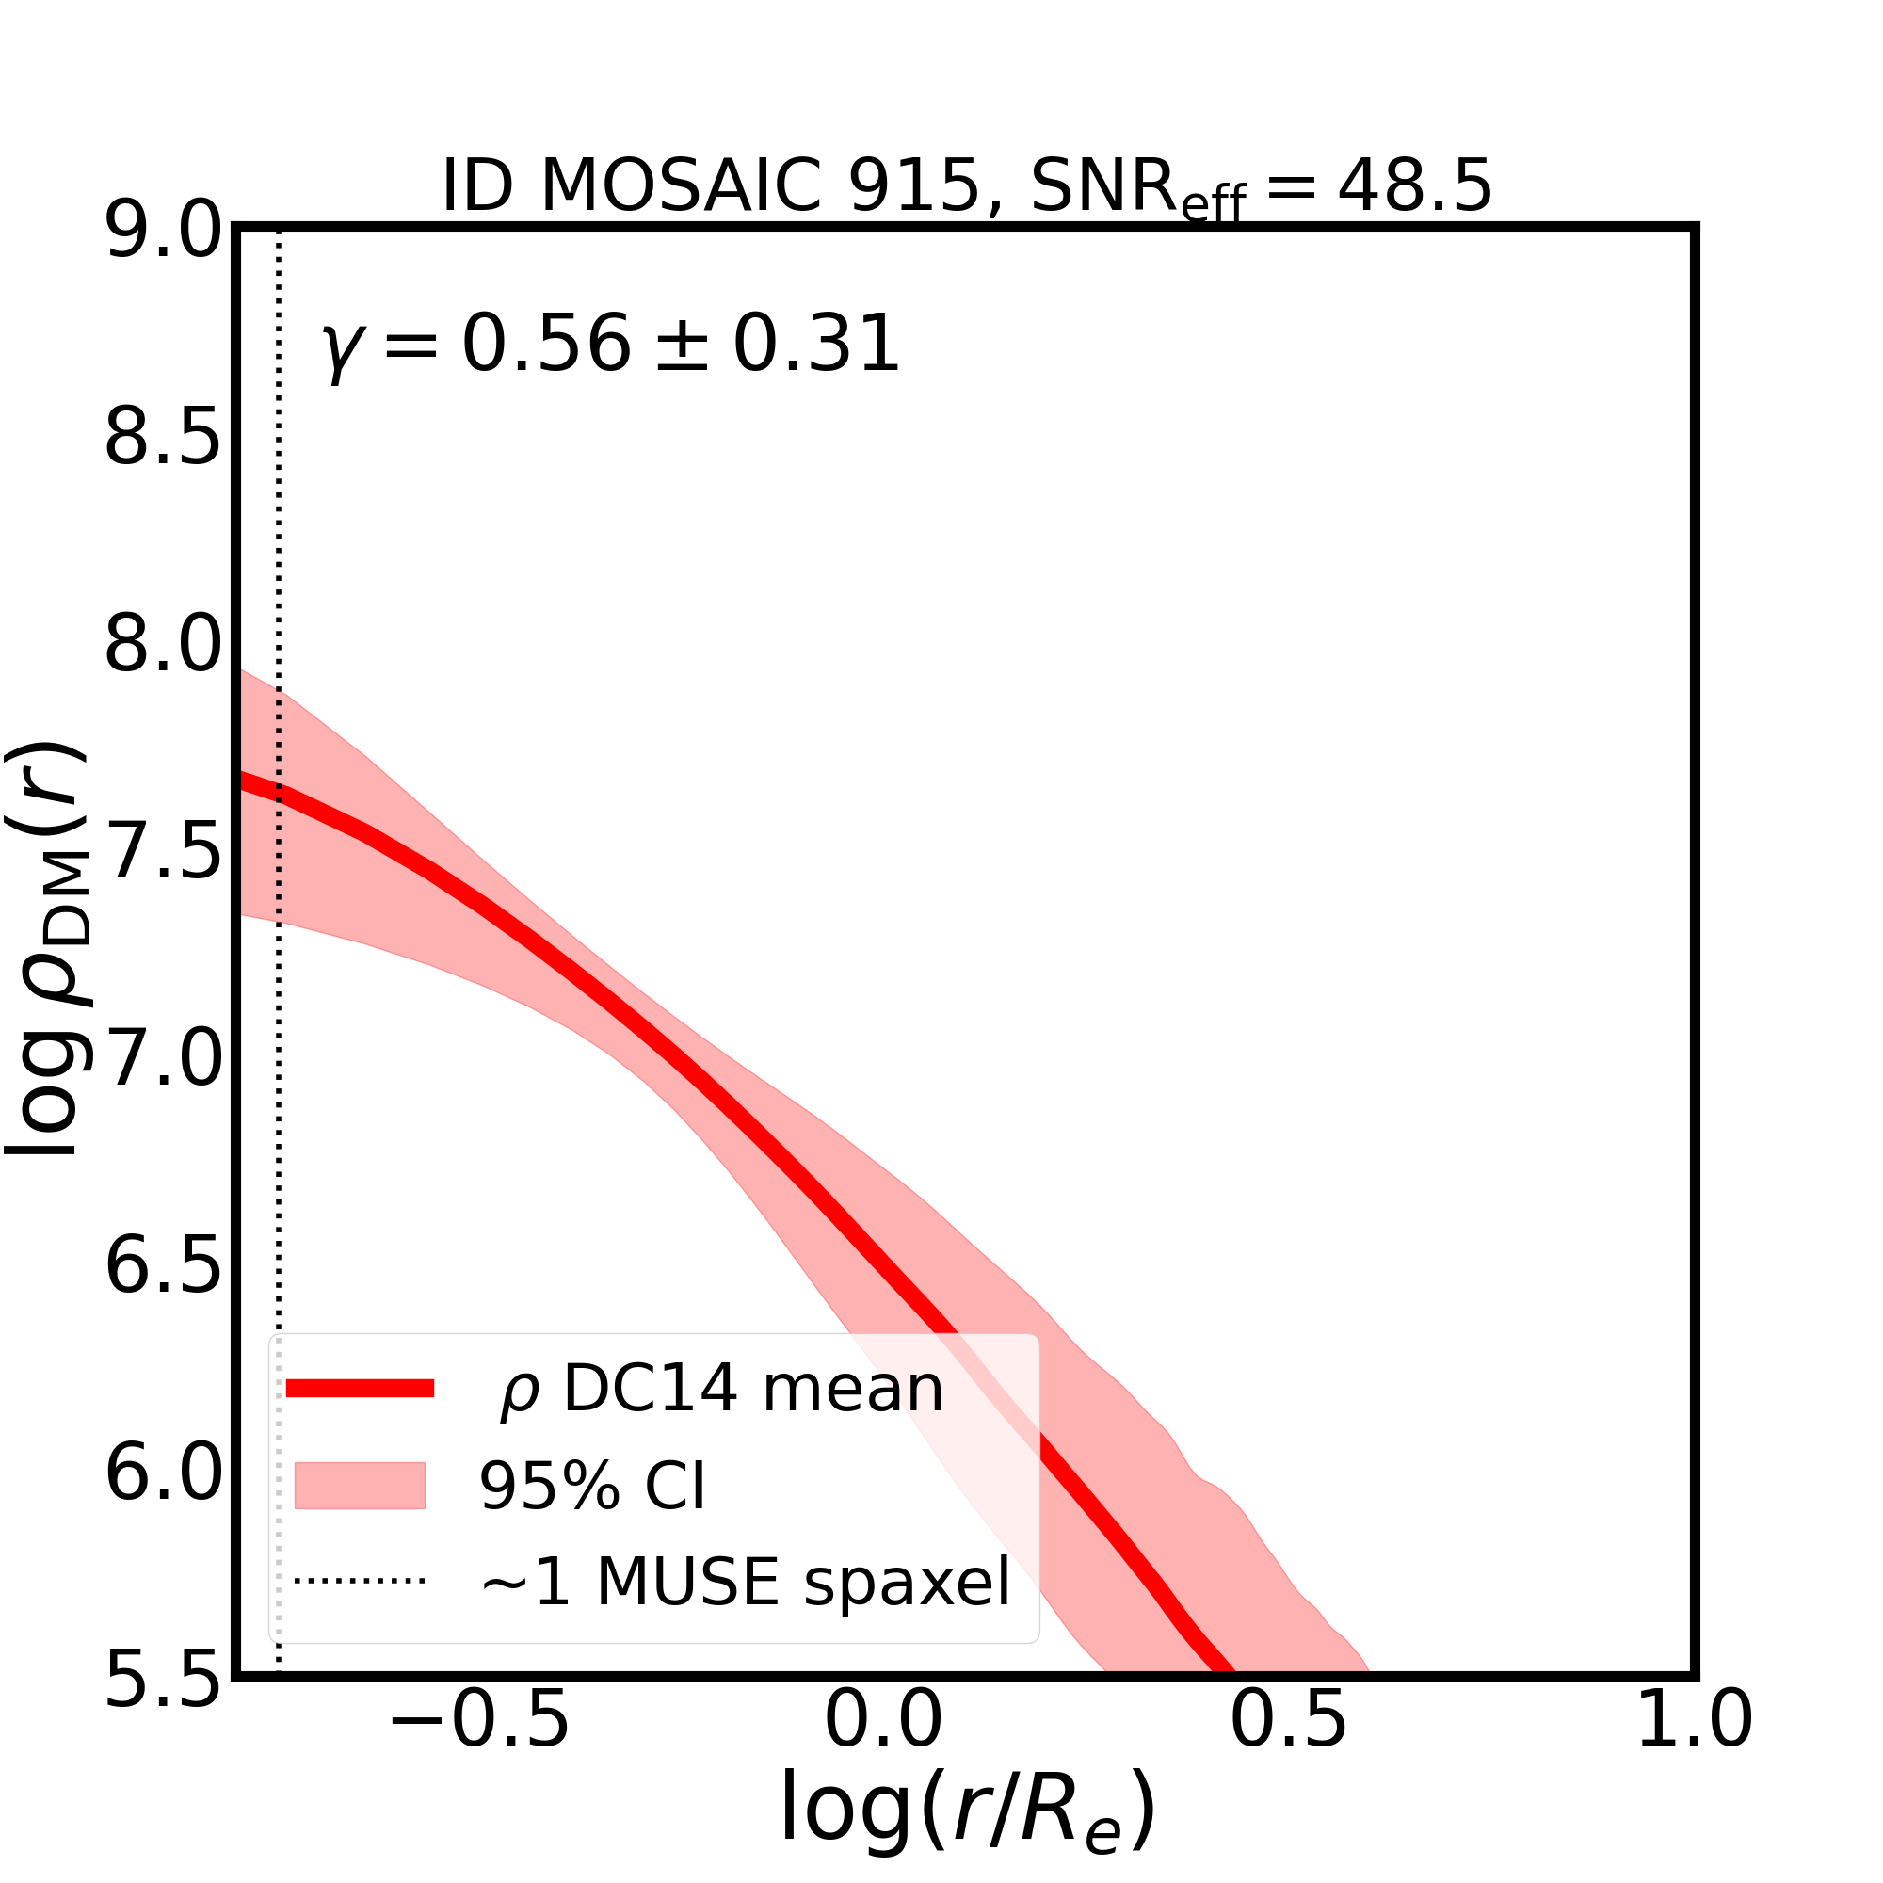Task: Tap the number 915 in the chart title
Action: tap(913, 185)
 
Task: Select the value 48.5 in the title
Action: tap(1414, 185)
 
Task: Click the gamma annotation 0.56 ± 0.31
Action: tap(611, 345)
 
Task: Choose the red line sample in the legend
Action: tap(360, 1389)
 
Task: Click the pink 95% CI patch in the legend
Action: tap(360, 1486)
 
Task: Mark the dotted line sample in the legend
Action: tap(360, 1581)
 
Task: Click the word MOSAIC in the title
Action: tap(682, 185)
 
